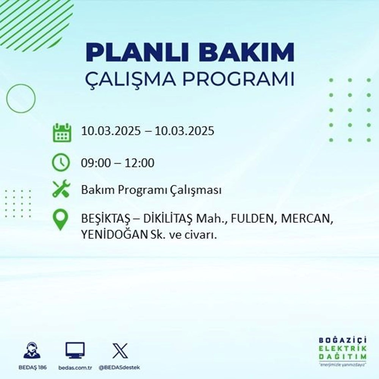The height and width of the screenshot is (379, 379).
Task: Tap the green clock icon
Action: pyautogui.click(x=61, y=163)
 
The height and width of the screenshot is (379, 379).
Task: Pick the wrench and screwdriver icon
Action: pyautogui.click(x=61, y=189)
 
